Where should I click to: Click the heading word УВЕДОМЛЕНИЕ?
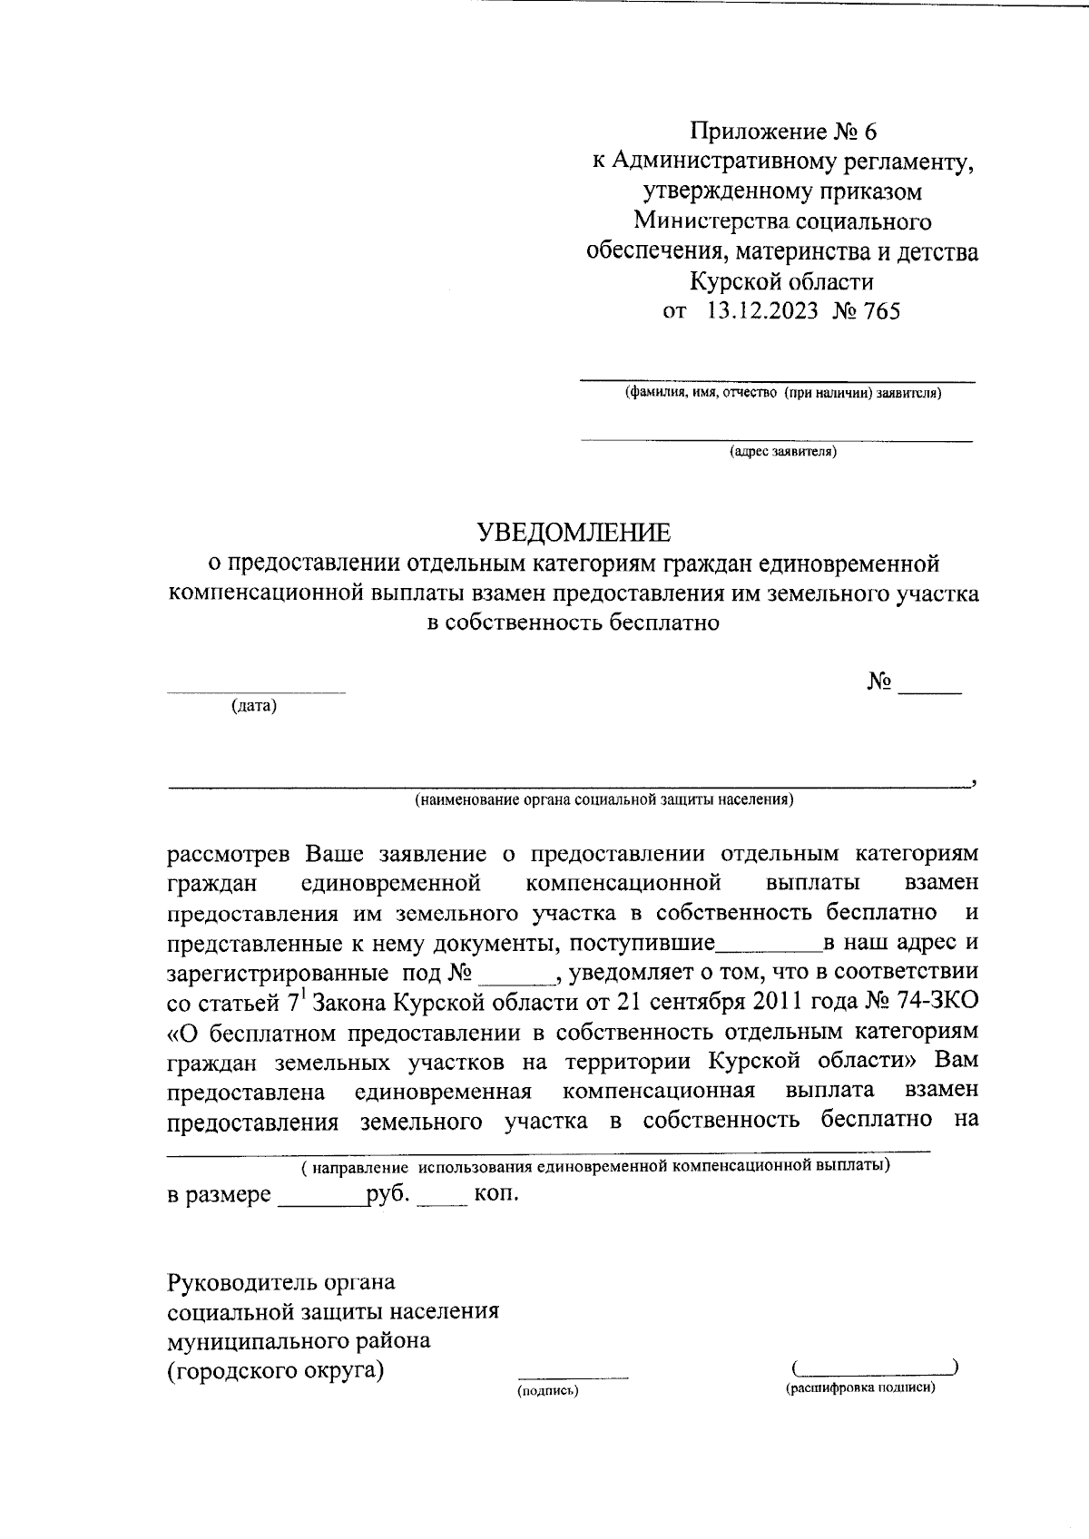pyautogui.click(x=575, y=531)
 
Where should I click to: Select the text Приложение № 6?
pyautogui.click(x=783, y=132)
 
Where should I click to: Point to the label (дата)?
pyautogui.click(x=254, y=706)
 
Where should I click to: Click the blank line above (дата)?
pyautogui.click(x=255, y=693)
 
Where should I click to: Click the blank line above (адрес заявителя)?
pyautogui.click(x=776, y=441)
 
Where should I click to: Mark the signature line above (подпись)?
pyautogui.click(x=573, y=1378)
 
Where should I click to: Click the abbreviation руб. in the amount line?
pyautogui.click(x=388, y=1193)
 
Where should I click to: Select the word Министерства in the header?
pyautogui.click(x=711, y=221)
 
